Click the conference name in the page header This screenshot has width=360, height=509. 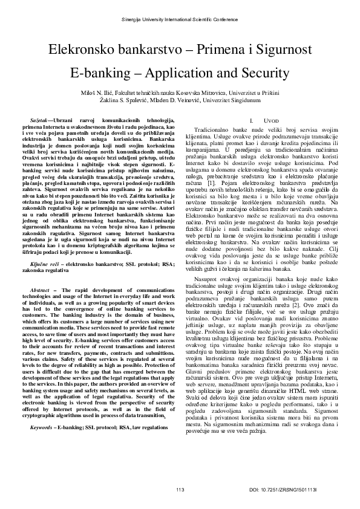[x=180, y=20]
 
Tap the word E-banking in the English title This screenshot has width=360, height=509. [x=102, y=73]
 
